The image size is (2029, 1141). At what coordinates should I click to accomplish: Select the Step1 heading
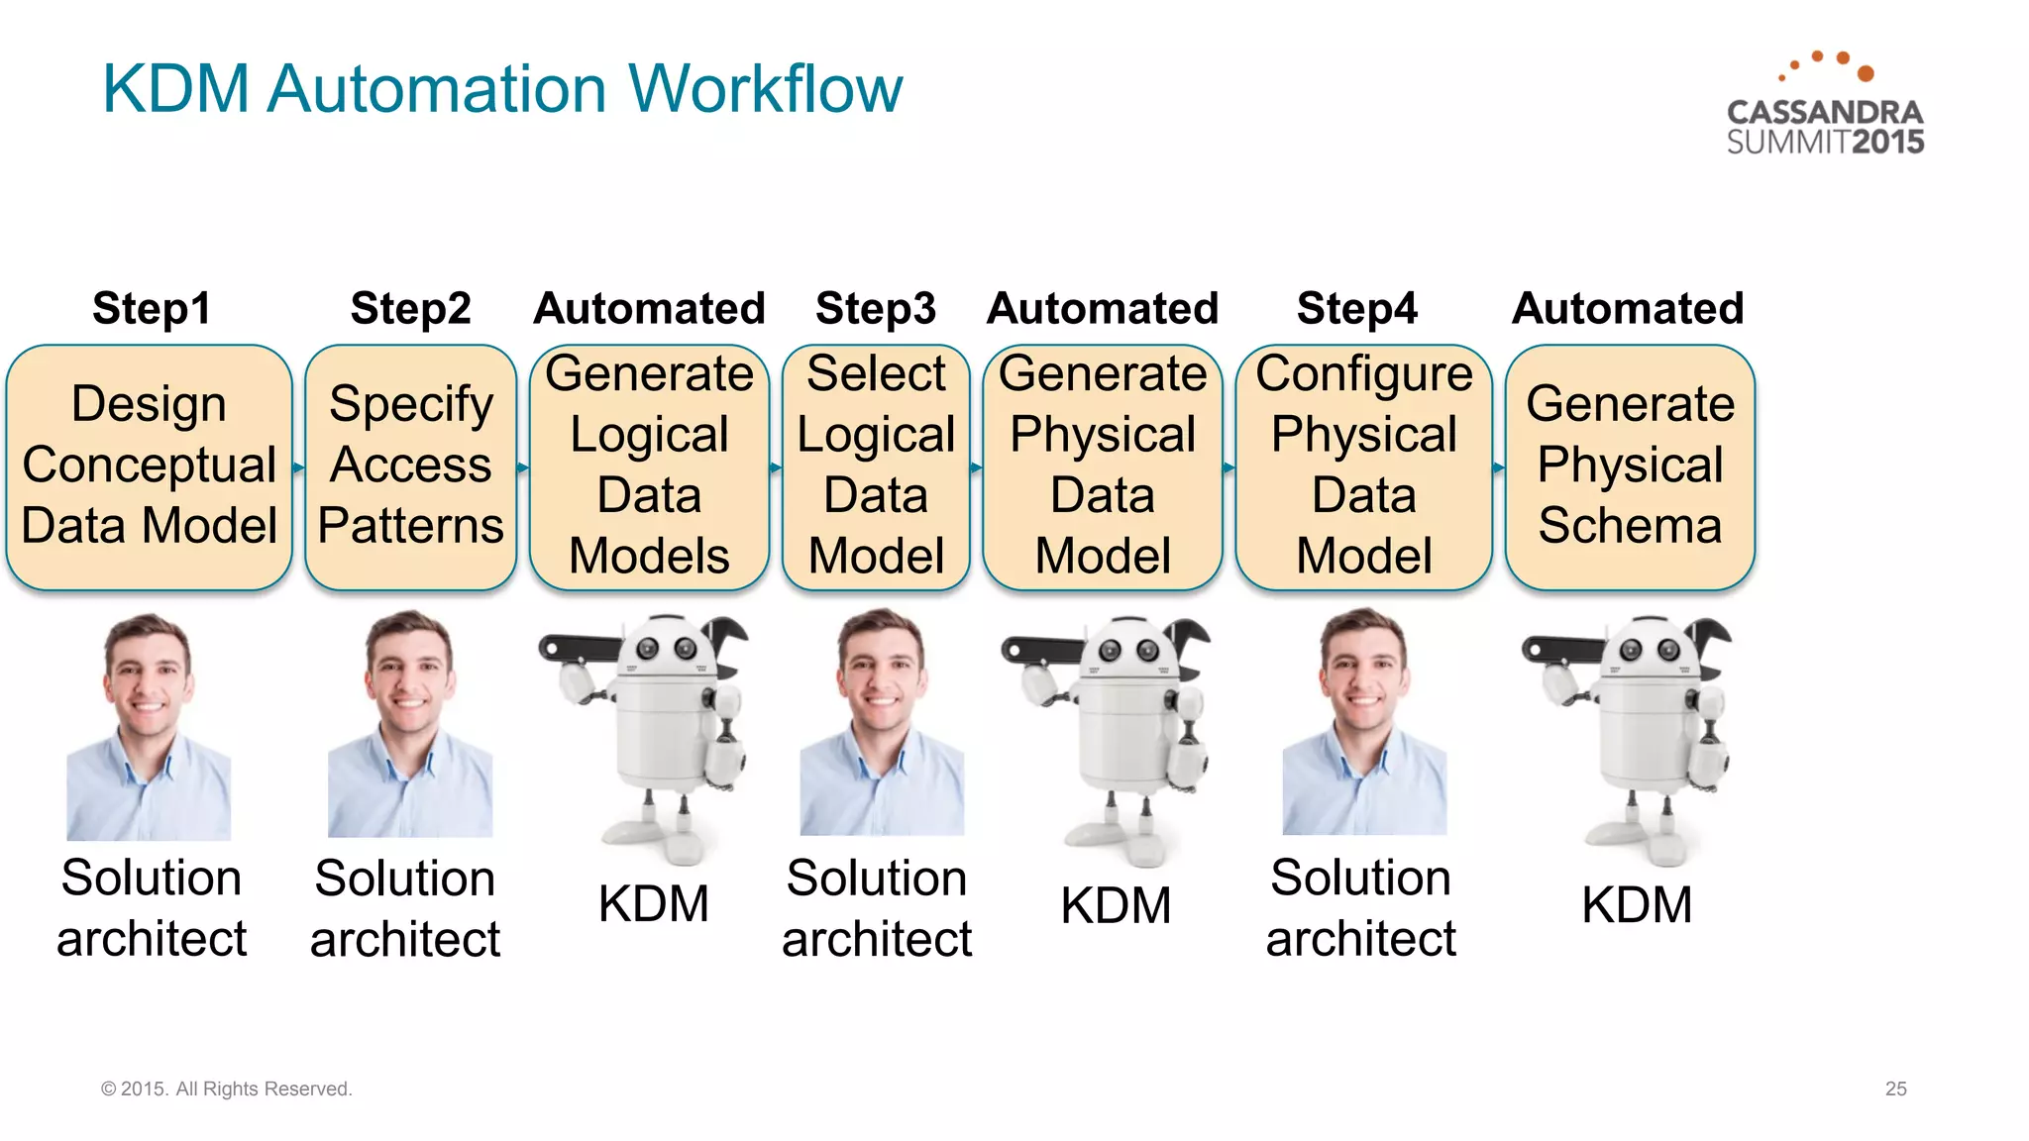pos(152,308)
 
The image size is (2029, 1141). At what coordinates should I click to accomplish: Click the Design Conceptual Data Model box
pos(149,467)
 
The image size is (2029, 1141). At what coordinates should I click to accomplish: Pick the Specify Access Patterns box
pos(410,467)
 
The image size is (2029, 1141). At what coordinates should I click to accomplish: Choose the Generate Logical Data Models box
pos(649,467)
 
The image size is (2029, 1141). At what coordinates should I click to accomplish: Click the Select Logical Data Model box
pos(876,467)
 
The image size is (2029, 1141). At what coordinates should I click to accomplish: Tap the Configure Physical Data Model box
pos(1363,467)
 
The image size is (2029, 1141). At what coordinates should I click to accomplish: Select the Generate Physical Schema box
pos(1630,467)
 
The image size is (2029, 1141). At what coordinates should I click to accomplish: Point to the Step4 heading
pos(1356,308)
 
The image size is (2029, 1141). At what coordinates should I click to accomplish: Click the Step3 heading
pos(876,308)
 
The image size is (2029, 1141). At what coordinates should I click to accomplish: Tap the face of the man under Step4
pos(1363,674)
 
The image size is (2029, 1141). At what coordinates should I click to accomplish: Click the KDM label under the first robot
pos(653,904)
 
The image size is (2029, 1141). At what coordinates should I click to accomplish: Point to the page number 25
pos(1895,1089)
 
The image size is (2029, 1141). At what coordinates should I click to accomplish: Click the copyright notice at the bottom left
pos(226,1089)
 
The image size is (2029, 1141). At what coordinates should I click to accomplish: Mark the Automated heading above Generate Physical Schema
pos(1627,308)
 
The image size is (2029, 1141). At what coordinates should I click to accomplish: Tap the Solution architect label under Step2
pos(404,907)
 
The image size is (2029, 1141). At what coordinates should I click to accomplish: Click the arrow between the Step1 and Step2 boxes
pos(298,467)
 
